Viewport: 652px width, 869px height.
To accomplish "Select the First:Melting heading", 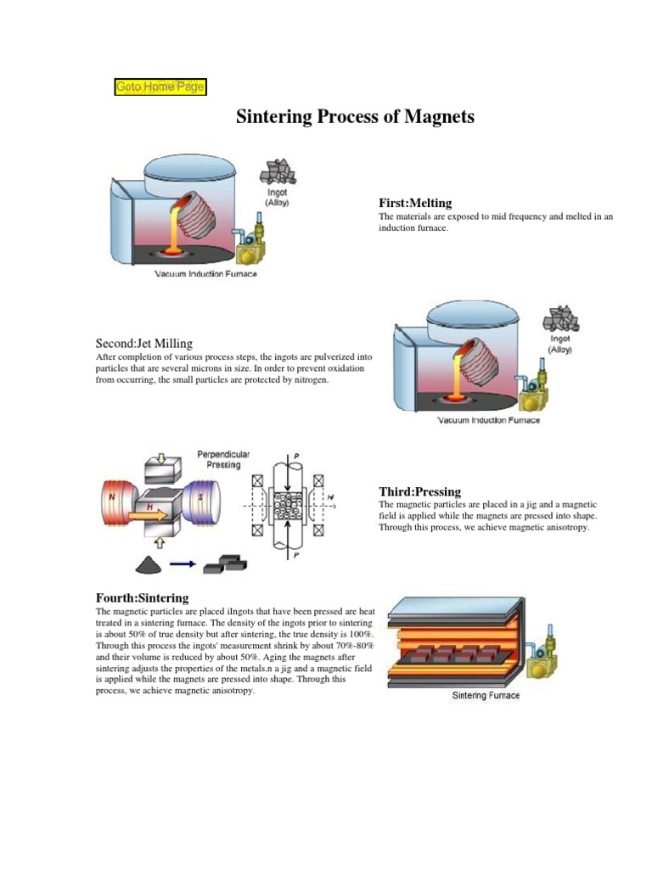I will [415, 203].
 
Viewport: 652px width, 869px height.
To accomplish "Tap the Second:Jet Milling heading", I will [143, 344].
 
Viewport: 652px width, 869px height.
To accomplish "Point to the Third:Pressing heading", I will [419, 491].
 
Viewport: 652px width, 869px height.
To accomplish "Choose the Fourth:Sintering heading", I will [142, 598].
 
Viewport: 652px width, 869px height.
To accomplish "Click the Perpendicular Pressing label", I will [224, 459].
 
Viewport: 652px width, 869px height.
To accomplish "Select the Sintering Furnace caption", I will [485, 696].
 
